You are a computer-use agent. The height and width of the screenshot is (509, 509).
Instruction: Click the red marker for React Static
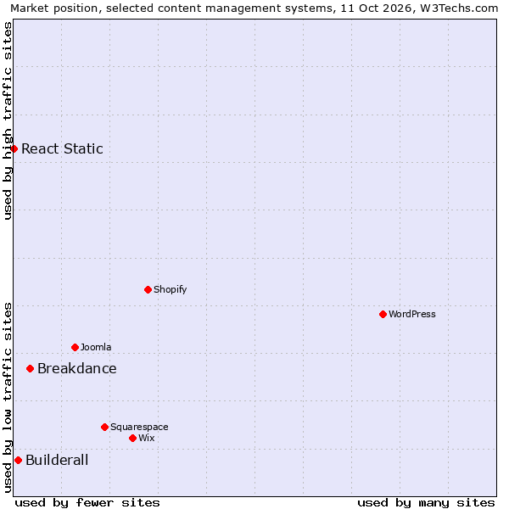coord(14,148)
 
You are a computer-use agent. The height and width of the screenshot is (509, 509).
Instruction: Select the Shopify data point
coord(148,289)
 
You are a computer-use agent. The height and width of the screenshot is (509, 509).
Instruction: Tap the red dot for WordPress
coord(383,314)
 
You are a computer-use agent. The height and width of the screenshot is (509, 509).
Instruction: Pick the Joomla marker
coord(75,347)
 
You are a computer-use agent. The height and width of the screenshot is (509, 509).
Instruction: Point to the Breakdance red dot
coord(31,369)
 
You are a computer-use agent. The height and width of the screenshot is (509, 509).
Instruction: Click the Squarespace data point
coord(104,428)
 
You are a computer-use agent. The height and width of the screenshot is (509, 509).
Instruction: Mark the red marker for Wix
coord(133,439)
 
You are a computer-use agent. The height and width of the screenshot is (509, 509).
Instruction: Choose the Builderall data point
coord(18,461)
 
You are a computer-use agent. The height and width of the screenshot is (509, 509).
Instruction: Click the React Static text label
coord(62,148)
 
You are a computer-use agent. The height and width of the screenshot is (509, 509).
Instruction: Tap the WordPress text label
coord(412,314)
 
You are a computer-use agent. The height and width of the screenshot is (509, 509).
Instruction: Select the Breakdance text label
coord(77,369)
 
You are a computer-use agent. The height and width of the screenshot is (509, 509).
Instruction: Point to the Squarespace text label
coord(139,428)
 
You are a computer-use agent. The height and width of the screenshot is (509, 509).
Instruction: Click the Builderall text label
coord(57,461)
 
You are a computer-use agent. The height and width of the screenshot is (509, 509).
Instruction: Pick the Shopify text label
coord(171,289)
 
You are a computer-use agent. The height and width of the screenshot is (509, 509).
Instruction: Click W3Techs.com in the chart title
coord(459,8)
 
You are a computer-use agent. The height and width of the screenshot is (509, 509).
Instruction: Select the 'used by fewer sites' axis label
coord(87,503)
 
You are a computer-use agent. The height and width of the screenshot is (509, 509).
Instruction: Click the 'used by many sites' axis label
coord(426,503)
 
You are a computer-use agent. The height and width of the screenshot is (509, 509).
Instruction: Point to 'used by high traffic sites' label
coord(8,120)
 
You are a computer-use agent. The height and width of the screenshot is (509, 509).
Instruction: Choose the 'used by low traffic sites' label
coord(8,398)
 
